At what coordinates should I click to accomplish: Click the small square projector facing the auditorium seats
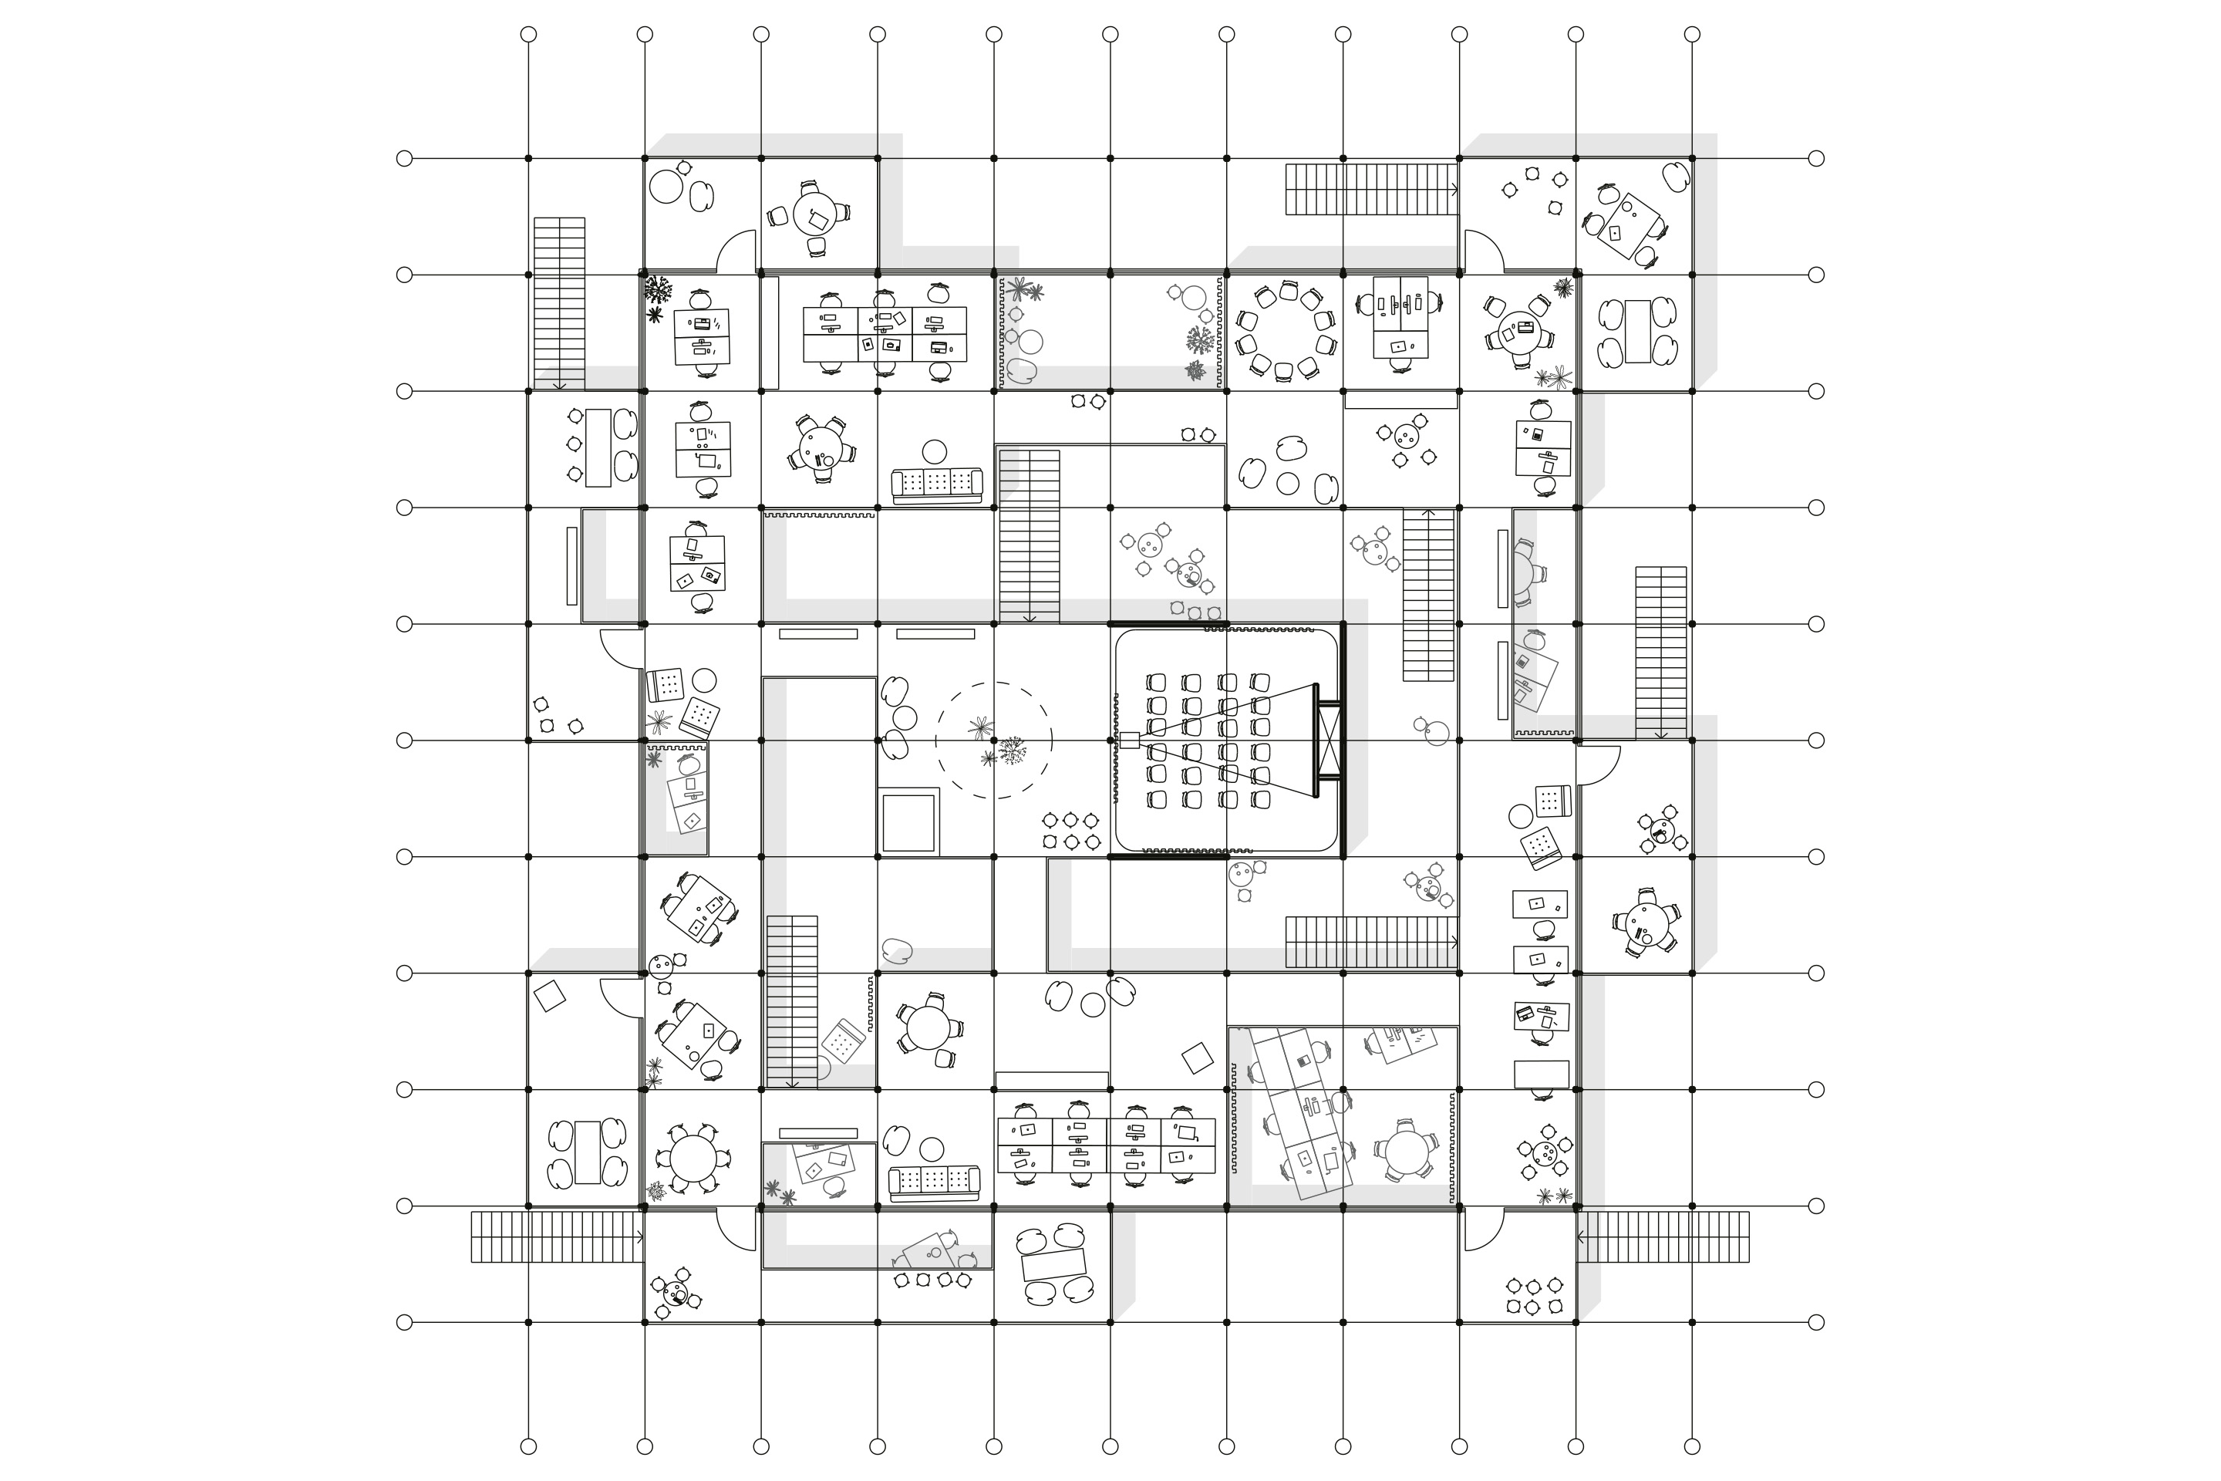[x=1129, y=740]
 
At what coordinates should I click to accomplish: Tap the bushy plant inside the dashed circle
[x=1013, y=753]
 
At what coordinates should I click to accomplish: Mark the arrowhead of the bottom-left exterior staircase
[x=641, y=1236]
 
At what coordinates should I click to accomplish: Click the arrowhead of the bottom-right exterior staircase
[x=1581, y=1236]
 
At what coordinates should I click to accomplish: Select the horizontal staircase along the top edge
[x=1371, y=189]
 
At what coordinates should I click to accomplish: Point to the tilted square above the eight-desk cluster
[x=1198, y=1057]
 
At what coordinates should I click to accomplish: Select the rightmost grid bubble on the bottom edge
[x=1692, y=1446]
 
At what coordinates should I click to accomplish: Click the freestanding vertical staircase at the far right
[x=1661, y=652]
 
